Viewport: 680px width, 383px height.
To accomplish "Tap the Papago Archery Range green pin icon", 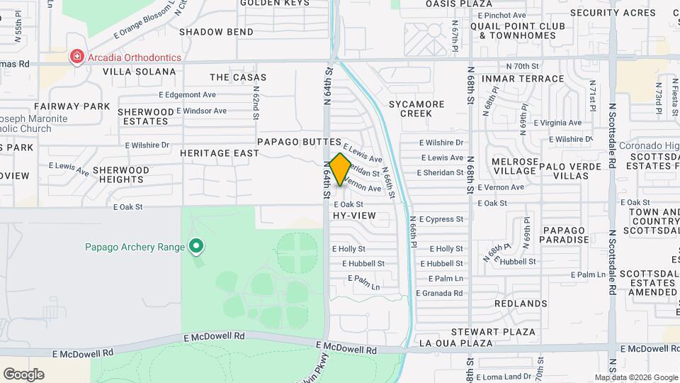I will click(x=196, y=247).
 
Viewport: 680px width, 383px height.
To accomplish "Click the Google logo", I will click(x=23, y=374).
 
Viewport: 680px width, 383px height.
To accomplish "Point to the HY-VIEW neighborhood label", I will click(x=352, y=215).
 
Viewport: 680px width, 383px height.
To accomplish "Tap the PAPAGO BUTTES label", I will click(x=299, y=142).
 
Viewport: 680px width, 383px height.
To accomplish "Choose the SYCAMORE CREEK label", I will click(x=416, y=109).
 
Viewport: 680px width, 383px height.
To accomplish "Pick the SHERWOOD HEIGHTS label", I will click(x=121, y=175).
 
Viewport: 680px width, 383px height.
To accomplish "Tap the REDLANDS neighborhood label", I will click(x=521, y=304).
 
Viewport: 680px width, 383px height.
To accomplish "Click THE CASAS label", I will click(x=238, y=77).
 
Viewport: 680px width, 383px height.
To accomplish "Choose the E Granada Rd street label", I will click(x=439, y=293).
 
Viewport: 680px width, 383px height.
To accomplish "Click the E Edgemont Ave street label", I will click(x=187, y=94).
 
